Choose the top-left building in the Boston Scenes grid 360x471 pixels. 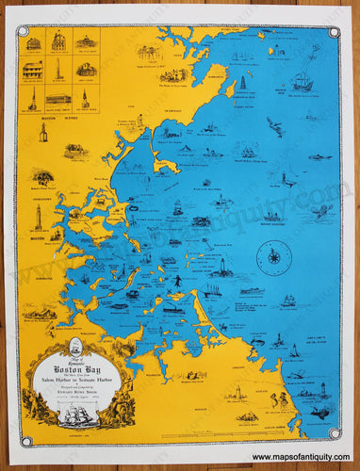click(34, 43)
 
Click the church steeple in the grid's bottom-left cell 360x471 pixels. click(33, 98)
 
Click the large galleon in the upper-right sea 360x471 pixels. click(301, 82)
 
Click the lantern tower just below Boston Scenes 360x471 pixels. click(43, 133)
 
